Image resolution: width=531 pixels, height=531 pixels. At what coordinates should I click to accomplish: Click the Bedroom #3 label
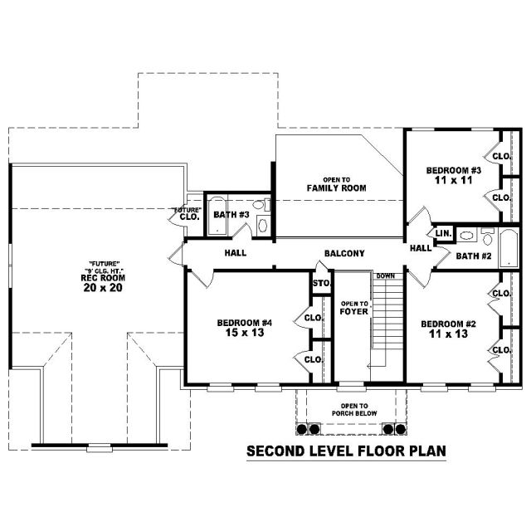(x=454, y=170)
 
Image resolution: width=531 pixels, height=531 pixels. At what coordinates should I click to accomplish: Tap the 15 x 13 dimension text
(x=245, y=333)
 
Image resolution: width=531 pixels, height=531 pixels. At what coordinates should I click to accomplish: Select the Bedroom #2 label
(x=448, y=324)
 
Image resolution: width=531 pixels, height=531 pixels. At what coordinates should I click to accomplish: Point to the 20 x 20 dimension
(x=103, y=288)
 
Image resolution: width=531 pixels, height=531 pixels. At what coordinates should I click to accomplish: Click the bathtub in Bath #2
(x=509, y=248)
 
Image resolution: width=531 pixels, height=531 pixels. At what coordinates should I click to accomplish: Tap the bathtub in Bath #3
(x=217, y=216)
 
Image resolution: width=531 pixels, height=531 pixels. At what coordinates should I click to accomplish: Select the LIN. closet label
(x=444, y=233)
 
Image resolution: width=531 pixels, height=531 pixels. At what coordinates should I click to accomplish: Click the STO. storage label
(x=321, y=283)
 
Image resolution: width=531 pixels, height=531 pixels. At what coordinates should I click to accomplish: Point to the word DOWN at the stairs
(x=385, y=276)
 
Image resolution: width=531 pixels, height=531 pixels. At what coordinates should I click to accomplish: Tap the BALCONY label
(x=344, y=253)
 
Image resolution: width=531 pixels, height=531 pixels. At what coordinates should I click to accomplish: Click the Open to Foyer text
(x=354, y=308)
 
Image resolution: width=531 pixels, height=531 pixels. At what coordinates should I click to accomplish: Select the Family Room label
(x=337, y=188)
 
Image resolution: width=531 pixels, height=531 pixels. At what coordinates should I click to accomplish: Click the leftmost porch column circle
(x=301, y=429)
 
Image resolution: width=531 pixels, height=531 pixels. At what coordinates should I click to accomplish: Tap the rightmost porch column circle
(x=401, y=429)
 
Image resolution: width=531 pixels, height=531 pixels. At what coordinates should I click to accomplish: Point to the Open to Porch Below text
(x=354, y=409)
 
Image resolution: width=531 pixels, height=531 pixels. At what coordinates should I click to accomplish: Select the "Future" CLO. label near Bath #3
(x=187, y=214)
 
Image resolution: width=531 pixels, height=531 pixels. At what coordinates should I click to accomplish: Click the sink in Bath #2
(x=466, y=235)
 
